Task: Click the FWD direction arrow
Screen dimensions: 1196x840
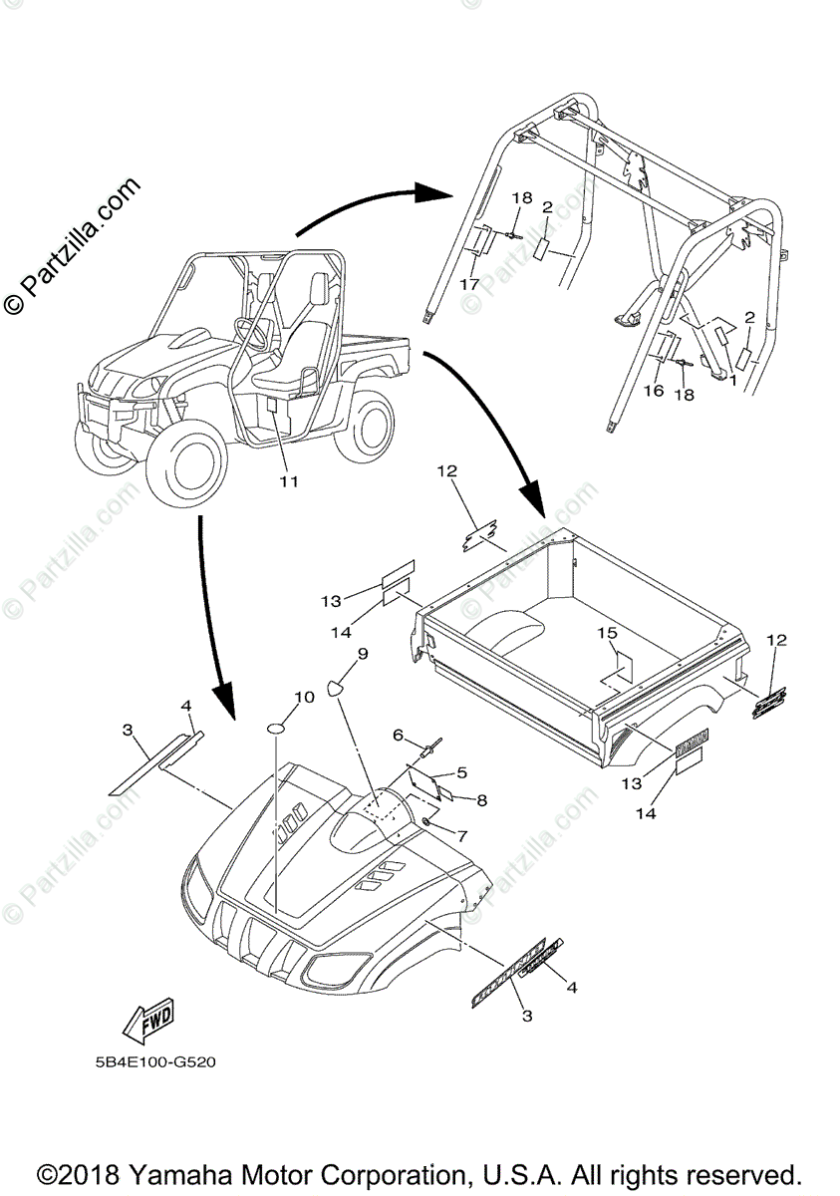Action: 146,1019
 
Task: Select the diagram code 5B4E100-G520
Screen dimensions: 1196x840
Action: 148,1061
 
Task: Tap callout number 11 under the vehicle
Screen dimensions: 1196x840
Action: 288,482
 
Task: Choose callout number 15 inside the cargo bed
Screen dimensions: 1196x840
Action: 607,633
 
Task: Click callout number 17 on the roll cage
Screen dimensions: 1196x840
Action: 469,284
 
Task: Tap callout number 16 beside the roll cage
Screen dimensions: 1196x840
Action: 654,391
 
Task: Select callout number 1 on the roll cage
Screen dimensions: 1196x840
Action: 733,380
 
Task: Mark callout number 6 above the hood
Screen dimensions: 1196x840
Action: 398,736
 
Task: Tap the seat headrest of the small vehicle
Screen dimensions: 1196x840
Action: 321,288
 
